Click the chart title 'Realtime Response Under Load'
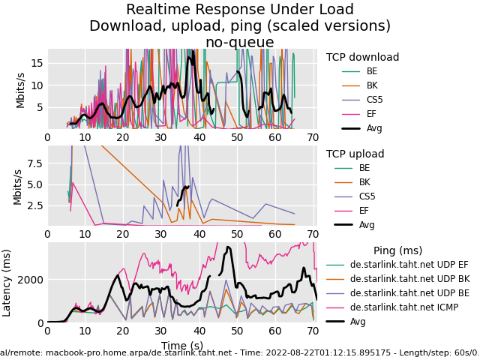(x=240, y=10)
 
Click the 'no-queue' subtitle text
(x=240, y=43)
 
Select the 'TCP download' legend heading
(x=362, y=58)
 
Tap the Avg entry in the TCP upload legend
(x=367, y=225)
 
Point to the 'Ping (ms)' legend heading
(x=397, y=251)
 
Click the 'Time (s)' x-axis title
(x=181, y=346)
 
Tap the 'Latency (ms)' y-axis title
(x=7, y=282)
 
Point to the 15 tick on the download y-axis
(x=36, y=63)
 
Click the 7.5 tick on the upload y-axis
(x=33, y=163)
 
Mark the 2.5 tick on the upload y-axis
(x=33, y=205)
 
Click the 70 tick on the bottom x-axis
(x=313, y=331)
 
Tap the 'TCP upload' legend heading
(x=355, y=154)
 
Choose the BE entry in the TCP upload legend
(x=364, y=168)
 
